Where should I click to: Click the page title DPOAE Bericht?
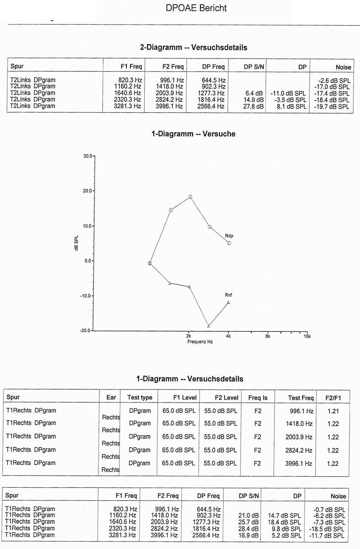tap(196, 8)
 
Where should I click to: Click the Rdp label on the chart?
tap(229, 236)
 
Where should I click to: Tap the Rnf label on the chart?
tap(229, 295)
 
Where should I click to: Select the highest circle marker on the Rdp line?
tap(190, 197)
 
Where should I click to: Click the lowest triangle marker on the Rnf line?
tap(209, 326)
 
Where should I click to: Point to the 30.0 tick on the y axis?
tap(88, 156)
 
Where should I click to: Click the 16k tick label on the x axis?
tap(307, 336)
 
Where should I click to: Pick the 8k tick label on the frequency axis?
tap(268, 336)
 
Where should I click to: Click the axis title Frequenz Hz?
tap(200, 342)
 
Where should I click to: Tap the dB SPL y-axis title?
tap(77, 243)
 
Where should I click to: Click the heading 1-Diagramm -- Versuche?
tap(193, 134)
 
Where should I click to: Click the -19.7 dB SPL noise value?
tap(331, 107)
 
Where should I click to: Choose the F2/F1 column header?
tap(333, 398)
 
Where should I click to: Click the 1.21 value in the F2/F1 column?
tap(333, 411)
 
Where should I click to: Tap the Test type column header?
tap(140, 398)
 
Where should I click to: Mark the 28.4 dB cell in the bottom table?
tap(249, 529)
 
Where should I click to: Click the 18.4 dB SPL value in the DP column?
tap(284, 522)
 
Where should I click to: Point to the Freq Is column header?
tap(258, 398)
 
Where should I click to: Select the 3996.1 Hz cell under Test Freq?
tap(298, 464)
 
